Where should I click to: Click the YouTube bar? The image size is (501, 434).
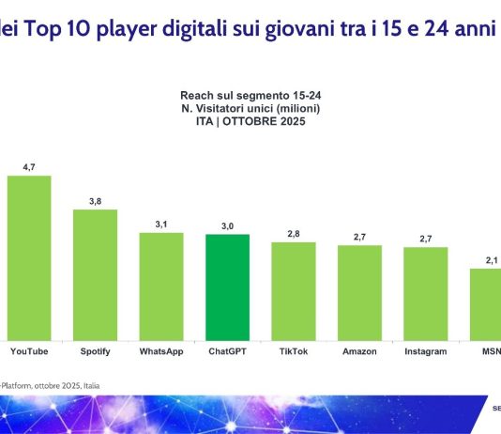click(29, 257)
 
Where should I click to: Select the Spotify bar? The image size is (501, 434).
click(95, 274)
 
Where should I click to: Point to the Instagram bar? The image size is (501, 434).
click(426, 293)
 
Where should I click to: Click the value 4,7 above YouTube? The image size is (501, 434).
click(29, 166)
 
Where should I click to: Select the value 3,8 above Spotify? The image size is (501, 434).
click(95, 200)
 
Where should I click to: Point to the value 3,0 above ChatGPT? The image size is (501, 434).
click(227, 225)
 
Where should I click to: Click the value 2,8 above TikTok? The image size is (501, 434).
click(294, 233)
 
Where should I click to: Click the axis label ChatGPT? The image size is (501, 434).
click(227, 351)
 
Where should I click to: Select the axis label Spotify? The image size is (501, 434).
click(95, 351)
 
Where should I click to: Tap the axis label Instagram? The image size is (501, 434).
click(426, 351)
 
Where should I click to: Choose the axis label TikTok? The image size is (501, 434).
click(294, 351)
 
